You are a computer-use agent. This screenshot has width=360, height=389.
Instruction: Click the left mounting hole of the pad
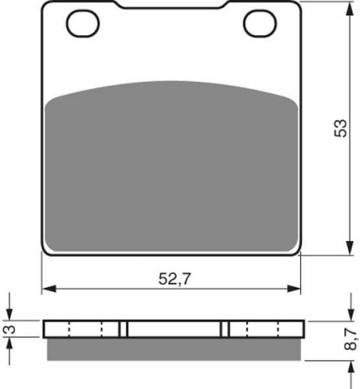pos(83,23)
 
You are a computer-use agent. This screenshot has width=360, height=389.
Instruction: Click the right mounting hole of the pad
pos(260,23)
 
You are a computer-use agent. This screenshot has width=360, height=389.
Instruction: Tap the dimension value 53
pos(340,128)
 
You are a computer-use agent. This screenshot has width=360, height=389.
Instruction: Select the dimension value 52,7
pos(174,279)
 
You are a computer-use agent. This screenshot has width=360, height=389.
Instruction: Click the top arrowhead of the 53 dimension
pos(350,10)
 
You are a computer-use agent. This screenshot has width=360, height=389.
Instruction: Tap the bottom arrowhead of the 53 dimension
pos(350,247)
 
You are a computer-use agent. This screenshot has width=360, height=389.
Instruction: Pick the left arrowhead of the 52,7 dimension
pos(49,289)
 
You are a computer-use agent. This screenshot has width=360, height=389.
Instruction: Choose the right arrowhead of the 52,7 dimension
pos(293,289)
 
